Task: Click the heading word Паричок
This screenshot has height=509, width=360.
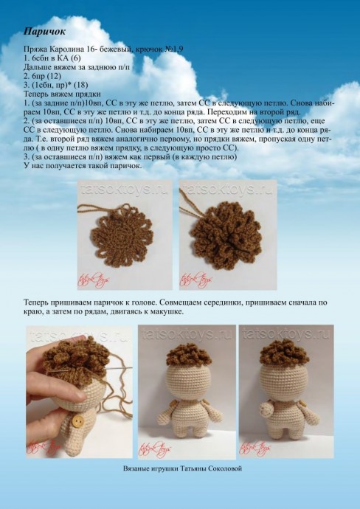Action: click(x=45, y=32)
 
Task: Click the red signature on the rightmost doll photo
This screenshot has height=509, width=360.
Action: click(x=258, y=446)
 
